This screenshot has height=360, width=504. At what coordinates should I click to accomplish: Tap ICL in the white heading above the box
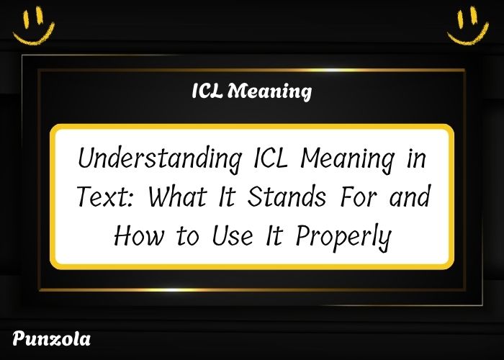coord(210,92)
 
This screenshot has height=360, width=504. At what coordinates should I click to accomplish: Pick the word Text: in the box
coord(105,197)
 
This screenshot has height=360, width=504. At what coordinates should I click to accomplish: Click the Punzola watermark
coord(51,338)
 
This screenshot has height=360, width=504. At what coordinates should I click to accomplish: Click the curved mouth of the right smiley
coord(467,35)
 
